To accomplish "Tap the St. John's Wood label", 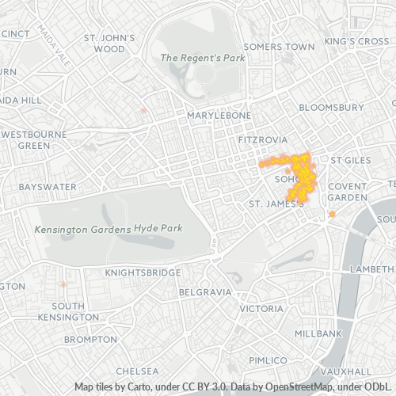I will (110, 43).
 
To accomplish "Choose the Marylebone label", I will (219, 116).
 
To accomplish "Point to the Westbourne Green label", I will (33, 140).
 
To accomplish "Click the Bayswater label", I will (48, 187).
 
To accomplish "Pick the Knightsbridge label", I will (143, 272).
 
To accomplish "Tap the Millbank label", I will (318, 334).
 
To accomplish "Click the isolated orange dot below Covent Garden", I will (332, 215).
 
